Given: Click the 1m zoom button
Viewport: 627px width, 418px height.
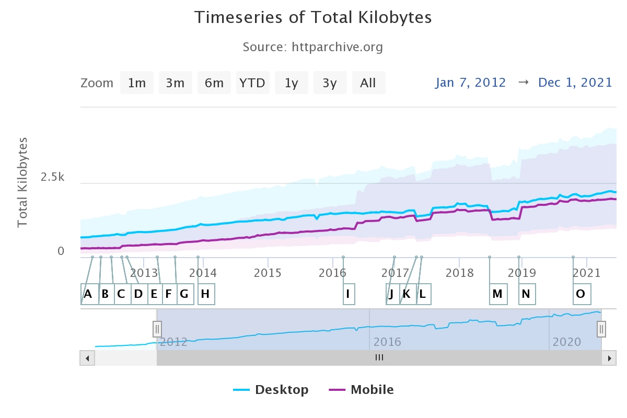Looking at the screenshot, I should tap(137, 83).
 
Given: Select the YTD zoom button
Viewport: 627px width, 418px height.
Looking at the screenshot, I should tap(252, 83).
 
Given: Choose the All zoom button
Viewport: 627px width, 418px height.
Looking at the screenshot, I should tap(368, 83).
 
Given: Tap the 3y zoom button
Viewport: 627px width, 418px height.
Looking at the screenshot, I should tap(330, 83).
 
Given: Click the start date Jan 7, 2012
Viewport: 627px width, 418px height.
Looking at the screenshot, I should tap(470, 83).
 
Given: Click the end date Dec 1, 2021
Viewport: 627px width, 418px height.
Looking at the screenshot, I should tap(575, 83).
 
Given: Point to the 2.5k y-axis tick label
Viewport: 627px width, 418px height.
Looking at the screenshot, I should tap(52, 177).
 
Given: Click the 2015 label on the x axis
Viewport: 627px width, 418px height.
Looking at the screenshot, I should tap(268, 272).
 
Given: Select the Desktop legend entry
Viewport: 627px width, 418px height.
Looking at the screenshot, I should tap(271, 390).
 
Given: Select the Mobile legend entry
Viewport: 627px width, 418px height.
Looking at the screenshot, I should tap(361, 390).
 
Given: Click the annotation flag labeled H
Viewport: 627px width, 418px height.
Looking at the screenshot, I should tap(206, 294).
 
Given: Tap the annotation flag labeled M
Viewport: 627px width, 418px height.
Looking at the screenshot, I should tap(497, 294).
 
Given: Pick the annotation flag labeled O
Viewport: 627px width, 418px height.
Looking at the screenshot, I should tap(580, 294).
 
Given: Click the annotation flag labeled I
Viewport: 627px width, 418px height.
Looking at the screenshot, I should tap(347, 294).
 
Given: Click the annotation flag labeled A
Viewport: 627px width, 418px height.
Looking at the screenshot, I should tap(88, 294).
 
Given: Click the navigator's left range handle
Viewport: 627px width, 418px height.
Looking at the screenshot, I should tap(157, 329).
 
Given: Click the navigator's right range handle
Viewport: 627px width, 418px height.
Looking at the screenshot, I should tap(601, 329).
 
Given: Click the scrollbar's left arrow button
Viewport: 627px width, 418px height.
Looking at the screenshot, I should tap(87, 358).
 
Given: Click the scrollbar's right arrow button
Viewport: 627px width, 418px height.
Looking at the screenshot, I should tap(609, 358).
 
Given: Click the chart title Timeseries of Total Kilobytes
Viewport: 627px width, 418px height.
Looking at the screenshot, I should tap(313, 17).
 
